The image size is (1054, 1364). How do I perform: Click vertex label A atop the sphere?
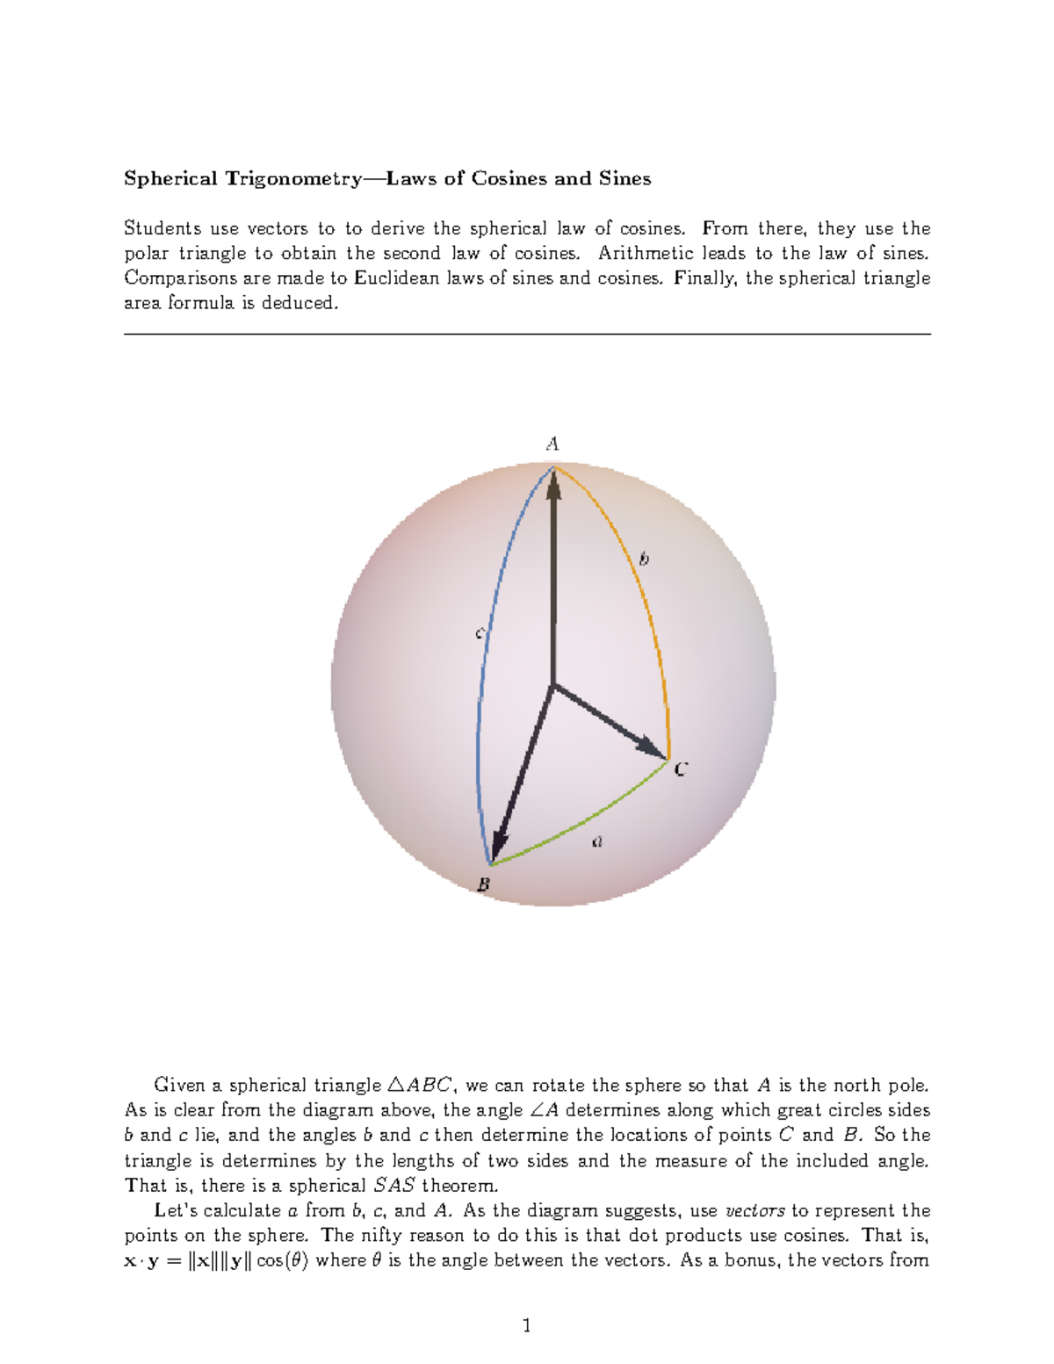coord(552,444)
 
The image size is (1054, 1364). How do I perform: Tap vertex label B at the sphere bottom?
coord(483,885)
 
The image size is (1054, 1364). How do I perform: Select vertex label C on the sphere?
coord(681,770)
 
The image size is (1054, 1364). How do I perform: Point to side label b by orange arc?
coord(644,559)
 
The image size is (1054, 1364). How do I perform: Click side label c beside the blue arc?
coord(480,633)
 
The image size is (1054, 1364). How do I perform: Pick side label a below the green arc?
coord(598,842)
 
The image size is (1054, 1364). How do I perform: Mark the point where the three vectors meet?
coord(552,685)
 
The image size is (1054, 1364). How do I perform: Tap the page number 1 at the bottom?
coord(526,1325)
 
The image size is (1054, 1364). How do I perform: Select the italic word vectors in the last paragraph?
coord(754,1210)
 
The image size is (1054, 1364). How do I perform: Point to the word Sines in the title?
coord(624,179)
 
